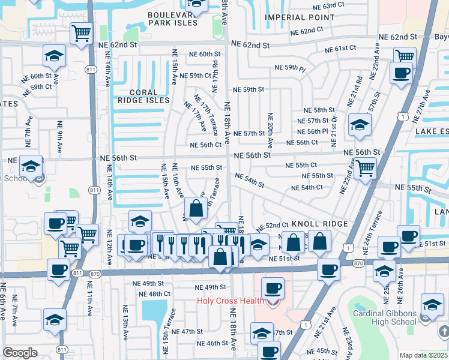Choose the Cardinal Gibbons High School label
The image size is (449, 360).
pos(384,317)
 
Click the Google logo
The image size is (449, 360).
pos(20,353)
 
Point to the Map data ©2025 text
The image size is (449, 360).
pos(423,355)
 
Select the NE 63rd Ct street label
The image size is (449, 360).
pos(328,5)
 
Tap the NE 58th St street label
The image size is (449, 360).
pos(318,110)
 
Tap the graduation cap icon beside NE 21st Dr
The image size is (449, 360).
pos(360,125)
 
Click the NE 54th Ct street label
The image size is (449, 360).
pos(307,188)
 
